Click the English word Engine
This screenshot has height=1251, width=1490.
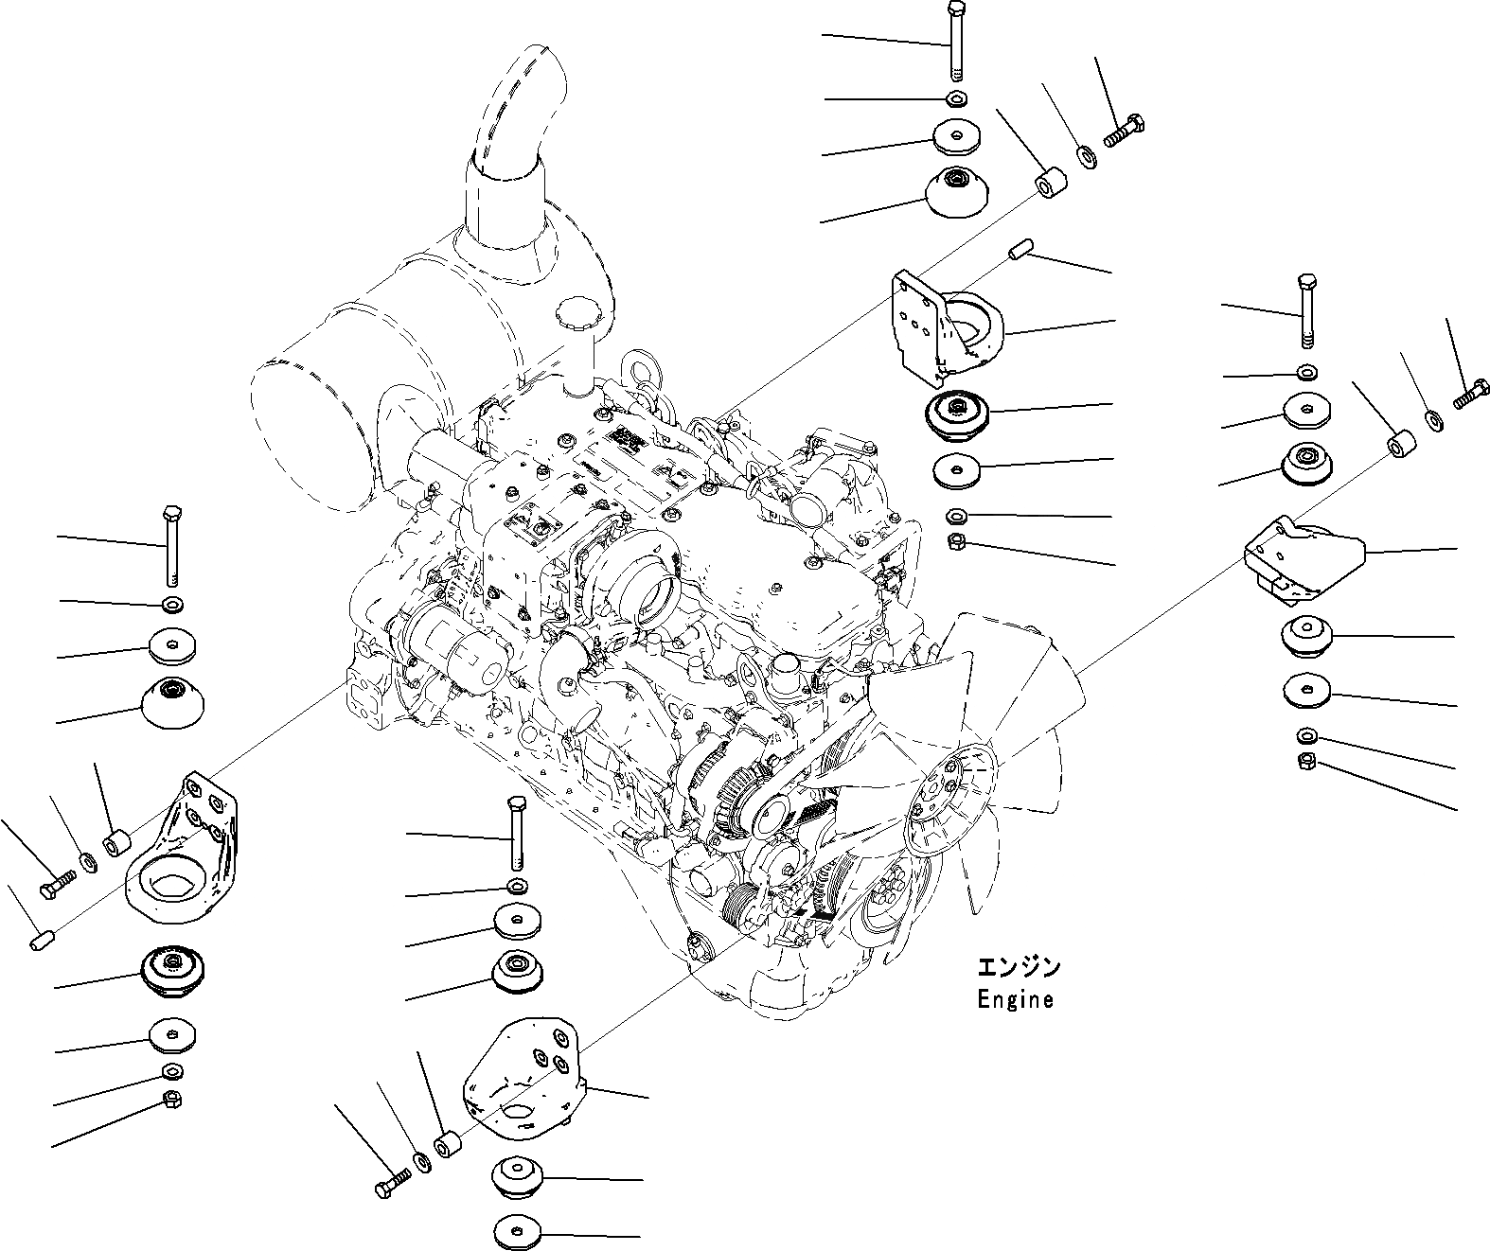1015,999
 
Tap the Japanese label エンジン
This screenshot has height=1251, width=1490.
1019,967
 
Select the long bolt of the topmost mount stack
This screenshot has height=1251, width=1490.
955,42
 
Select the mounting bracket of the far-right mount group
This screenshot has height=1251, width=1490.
1304,560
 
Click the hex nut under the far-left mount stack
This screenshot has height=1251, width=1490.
172,1100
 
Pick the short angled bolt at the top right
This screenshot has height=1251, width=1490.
1124,131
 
